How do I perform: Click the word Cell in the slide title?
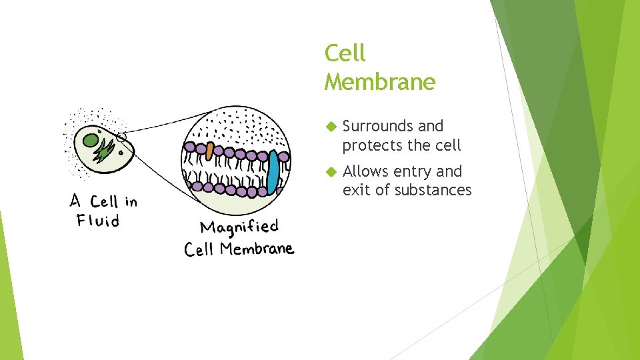tap(345, 53)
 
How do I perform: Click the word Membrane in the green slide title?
tap(379, 82)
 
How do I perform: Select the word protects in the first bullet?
tap(370, 145)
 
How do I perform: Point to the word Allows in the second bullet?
tap(365, 171)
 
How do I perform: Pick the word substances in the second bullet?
tap(433, 190)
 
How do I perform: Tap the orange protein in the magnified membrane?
tap(209, 151)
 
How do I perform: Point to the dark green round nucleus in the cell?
tap(91, 140)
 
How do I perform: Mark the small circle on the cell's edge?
tap(121, 138)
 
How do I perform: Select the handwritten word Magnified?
tap(239, 227)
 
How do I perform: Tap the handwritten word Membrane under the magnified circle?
tap(257, 249)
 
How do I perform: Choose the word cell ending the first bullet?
tap(447, 145)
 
